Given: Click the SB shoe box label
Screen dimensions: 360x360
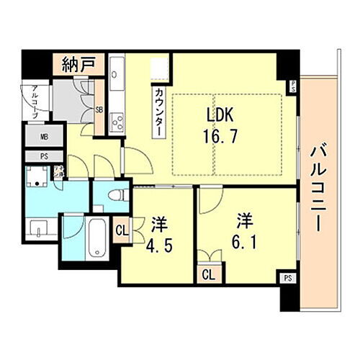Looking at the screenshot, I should coord(99,109).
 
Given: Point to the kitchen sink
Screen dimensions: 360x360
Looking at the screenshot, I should coord(117,74).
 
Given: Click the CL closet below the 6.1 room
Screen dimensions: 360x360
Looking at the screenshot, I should coord(207,274).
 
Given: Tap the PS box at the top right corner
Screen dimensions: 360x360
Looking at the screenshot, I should coord(293,87).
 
